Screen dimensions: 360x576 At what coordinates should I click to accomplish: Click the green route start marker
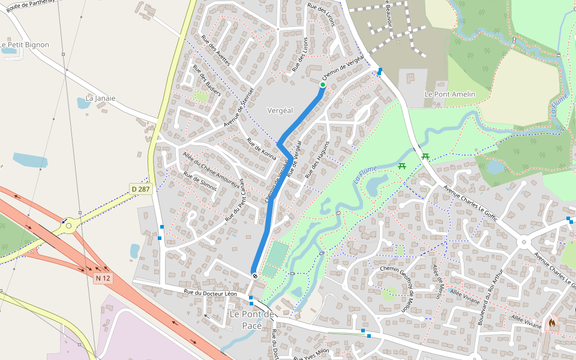(x=322, y=85)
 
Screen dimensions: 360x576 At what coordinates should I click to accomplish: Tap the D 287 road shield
(x=140, y=189)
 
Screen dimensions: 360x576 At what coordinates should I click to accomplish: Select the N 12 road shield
(x=103, y=278)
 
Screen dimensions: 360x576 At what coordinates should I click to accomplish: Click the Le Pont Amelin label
(x=449, y=94)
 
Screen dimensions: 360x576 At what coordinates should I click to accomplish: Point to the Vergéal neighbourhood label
(x=280, y=110)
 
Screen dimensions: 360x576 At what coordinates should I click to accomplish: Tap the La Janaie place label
(x=101, y=98)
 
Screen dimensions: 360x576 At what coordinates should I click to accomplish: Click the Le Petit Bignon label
(x=25, y=44)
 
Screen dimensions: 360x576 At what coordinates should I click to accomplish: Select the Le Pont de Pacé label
(x=252, y=320)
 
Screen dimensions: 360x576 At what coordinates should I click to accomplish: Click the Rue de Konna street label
(x=262, y=149)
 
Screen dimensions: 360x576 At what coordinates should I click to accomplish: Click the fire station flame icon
(x=551, y=322)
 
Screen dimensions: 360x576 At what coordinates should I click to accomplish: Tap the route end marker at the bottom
(x=255, y=275)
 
